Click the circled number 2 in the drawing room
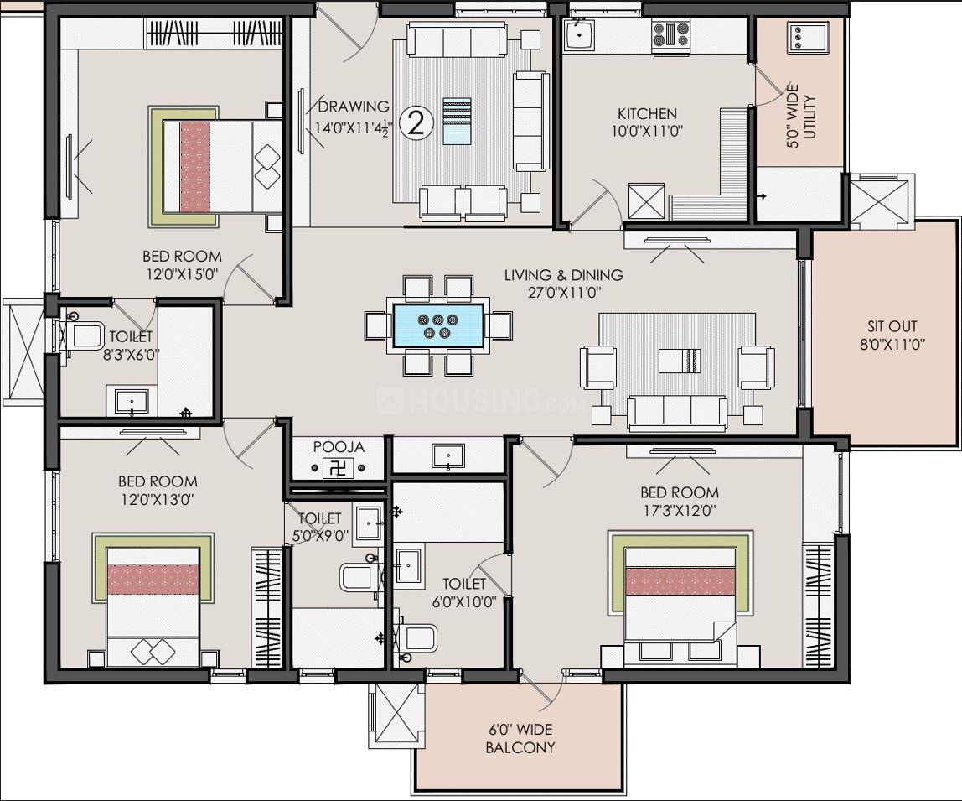pos(416,123)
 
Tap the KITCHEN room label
pos(647,113)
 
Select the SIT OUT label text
pos(892,326)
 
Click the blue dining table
pos(437,325)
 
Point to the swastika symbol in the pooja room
pos(338,469)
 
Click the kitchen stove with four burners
pos(671,34)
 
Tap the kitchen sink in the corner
pos(579,35)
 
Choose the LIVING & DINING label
pos(564,274)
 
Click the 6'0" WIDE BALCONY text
pos(520,738)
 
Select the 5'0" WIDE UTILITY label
pos(801,116)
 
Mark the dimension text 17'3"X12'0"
pos(679,510)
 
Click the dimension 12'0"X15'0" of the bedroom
pos(182,274)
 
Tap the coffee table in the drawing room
pos(457,121)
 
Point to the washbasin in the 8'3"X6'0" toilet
pos(132,401)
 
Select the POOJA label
pos(339,446)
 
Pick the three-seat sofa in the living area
pos(677,413)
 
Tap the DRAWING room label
pos(354,107)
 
